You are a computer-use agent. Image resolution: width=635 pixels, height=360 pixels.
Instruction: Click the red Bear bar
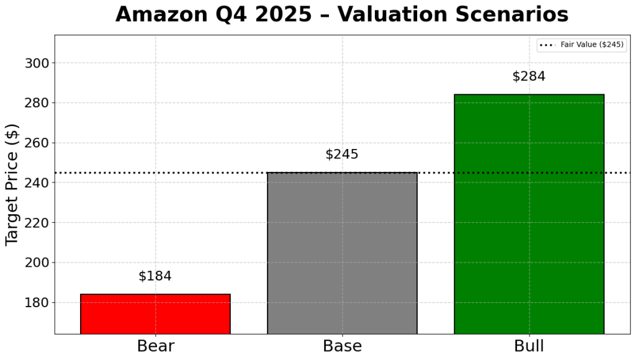coord(155,313)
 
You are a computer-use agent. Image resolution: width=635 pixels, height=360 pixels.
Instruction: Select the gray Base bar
coord(342,253)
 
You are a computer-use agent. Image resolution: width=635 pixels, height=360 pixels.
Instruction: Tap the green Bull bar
coord(529,214)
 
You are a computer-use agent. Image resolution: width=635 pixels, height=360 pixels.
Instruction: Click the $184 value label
coord(155,276)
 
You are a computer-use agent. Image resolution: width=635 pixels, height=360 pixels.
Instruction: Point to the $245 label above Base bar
coord(342,155)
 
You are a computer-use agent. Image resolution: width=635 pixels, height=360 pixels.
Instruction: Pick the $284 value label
coord(529,77)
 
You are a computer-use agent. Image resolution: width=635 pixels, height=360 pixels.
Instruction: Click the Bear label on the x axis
coord(155,346)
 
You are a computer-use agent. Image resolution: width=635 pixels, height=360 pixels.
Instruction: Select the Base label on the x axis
coord(342,346)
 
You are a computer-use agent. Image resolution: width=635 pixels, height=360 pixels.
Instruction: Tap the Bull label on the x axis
coord(529,346)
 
